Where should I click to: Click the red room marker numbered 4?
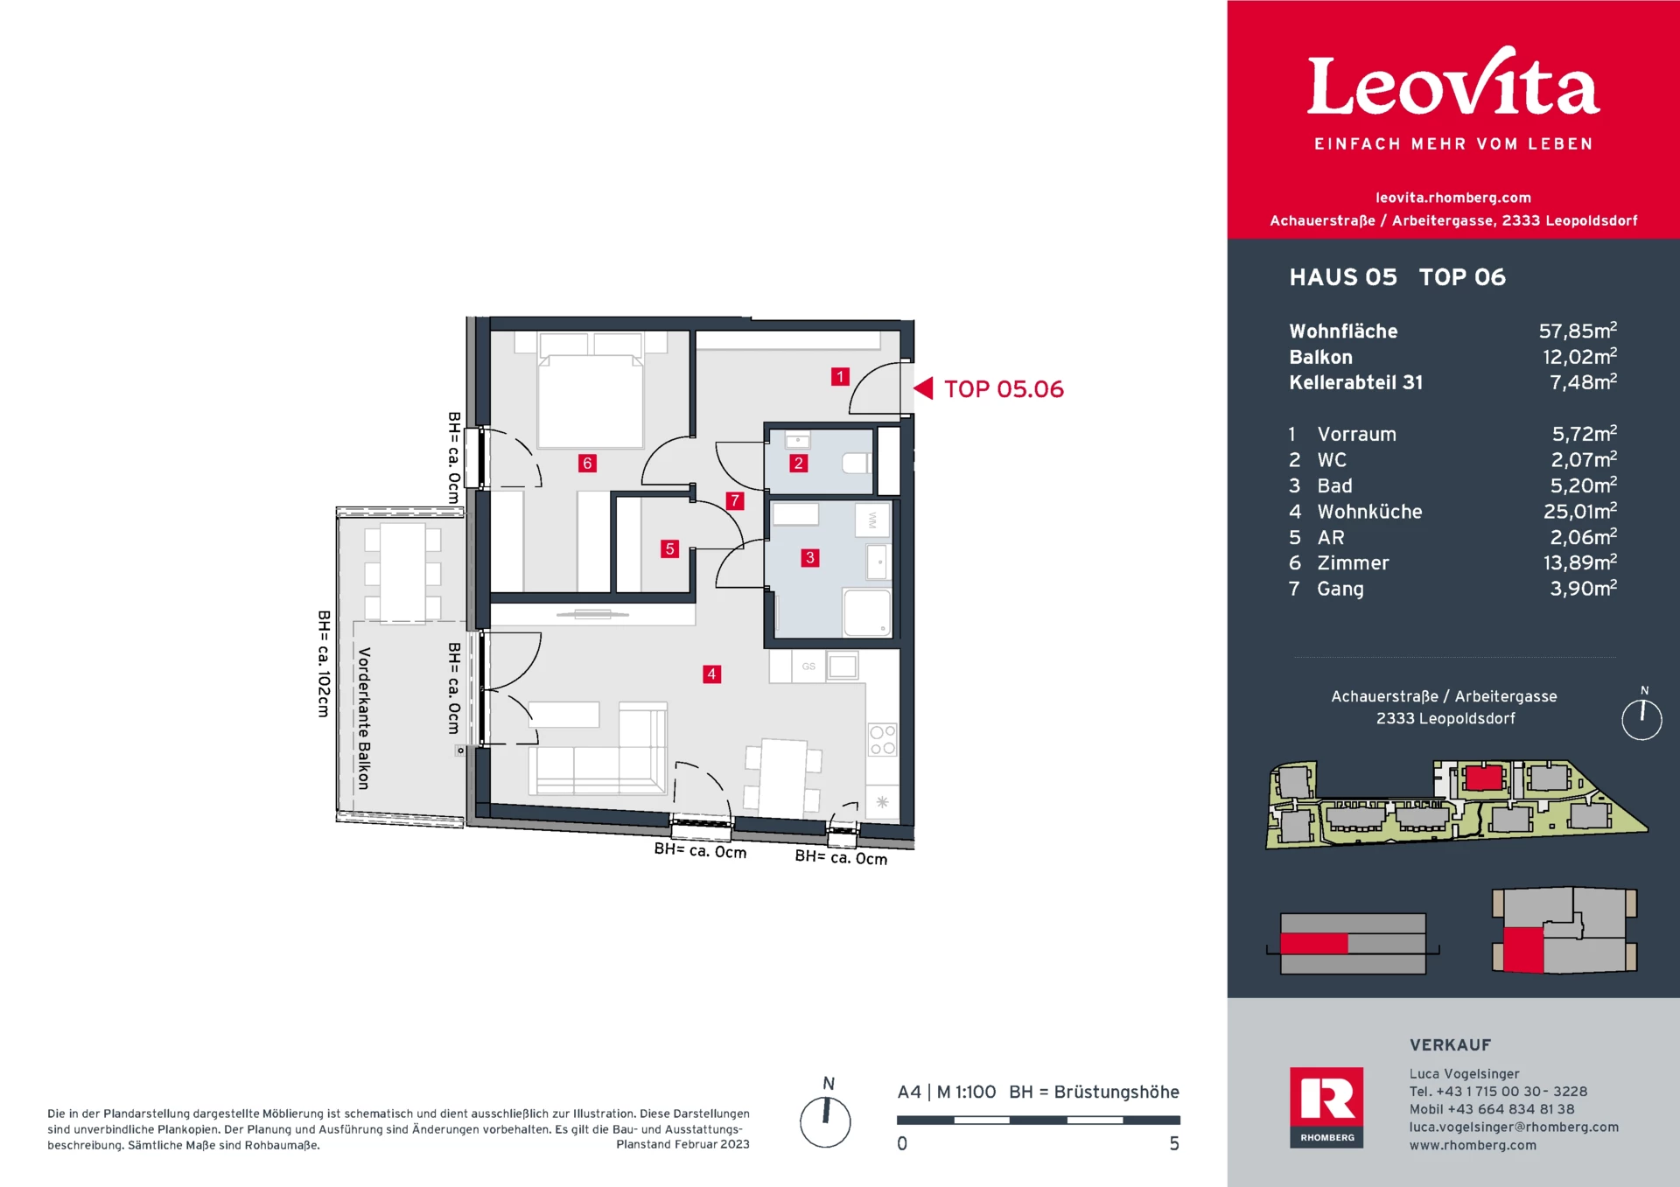point(711,674)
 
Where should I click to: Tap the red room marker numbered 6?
point(587,463)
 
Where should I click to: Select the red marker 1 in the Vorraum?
point(840,376)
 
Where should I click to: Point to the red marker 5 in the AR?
point(669,548)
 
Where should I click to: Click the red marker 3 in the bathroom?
point(810,557)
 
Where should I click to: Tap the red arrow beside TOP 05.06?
point(923,388)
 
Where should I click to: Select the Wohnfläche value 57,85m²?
point(1578,331)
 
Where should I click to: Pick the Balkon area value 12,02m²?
point(1579,356)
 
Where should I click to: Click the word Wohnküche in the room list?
point(1369,512)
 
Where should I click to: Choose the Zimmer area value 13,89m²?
point(1579,562)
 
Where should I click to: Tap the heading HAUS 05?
point(1343,277)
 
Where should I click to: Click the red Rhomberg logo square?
point(1326,1107)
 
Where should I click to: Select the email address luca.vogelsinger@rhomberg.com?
point(1514,1127)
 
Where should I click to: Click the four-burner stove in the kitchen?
point(882,739)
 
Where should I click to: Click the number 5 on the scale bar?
point(1174,1143)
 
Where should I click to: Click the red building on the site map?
point(1484,777)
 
